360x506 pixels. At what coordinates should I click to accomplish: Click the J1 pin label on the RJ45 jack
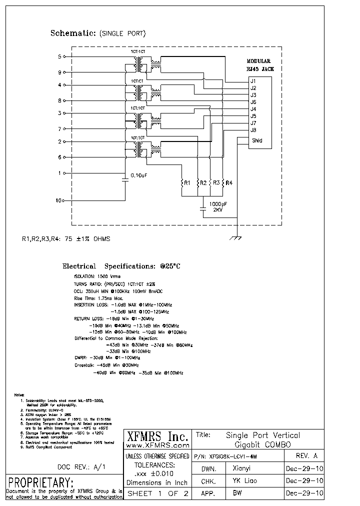point(253,81)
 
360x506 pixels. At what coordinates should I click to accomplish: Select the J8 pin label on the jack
point(253,130)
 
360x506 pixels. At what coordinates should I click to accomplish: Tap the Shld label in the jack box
point(257,140)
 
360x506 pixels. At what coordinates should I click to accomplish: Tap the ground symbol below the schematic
point(236,239)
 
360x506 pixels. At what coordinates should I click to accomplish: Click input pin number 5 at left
point(59,56)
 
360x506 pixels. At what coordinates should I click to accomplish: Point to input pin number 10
point(58,200)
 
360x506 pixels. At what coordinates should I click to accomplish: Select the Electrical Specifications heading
point(121,266)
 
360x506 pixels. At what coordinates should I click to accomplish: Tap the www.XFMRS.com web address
point(157,445)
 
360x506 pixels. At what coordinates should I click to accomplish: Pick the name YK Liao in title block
point(244,481)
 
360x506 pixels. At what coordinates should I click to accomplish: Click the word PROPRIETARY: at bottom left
point(41,483)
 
